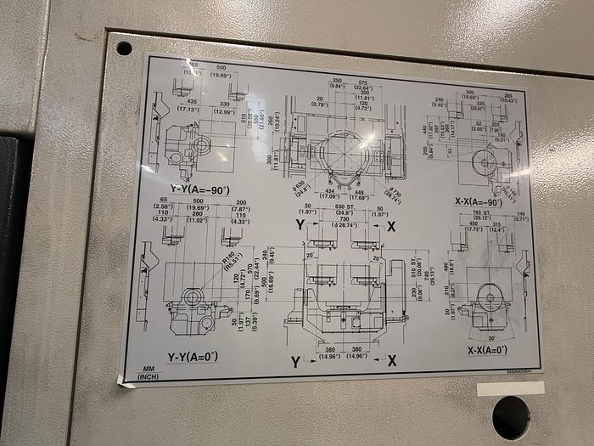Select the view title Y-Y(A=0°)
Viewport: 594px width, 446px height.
click(193, 356)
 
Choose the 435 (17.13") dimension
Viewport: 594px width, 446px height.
click(188, 105)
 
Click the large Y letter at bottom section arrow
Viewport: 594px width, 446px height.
click(296, 362)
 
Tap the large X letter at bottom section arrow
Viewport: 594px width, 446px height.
click(392, 360)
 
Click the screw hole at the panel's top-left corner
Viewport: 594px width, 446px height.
click(124, 48)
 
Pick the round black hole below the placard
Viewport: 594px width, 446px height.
click(510, 417)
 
